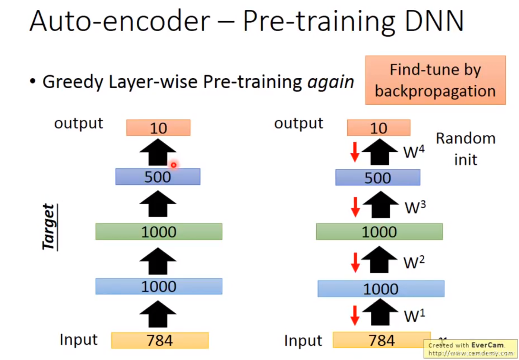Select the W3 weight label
click(x=415, y=207)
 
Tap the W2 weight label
click(x=414, y=262)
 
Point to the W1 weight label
click(x=414, y=316)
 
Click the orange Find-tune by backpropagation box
click(x=435, y=80)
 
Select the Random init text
click(x=466, y=149)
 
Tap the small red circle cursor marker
click(x=174, y=165)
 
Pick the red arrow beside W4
click(x=355, y=152)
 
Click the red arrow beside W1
click(x=355, y=315)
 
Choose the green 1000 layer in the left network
click(x=159, y=232)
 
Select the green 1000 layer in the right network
click(x=379, y=232)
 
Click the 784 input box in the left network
click(x=160, y=340)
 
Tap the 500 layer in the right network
click(x=378, y=178)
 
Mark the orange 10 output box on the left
click(x=158, y=128)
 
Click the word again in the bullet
click(x=330, y=82)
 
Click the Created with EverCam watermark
click(x=471, y=349)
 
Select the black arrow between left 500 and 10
click(x=158, y=152)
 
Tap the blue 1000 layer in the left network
click(x=159, y=287)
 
